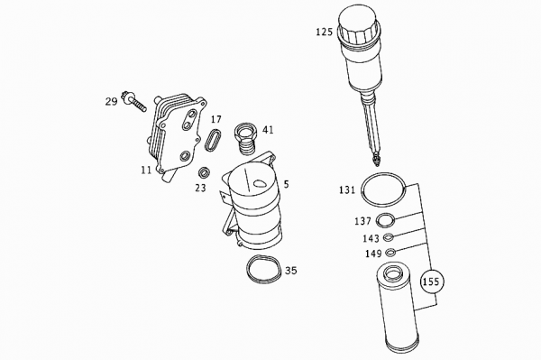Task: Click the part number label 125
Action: coord(324,32)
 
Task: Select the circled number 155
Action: coord(431,282)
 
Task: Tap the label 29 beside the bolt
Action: coord(111,102)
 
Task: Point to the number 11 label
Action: coord(145,169)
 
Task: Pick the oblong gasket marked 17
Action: coord(214,142)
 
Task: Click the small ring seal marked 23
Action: coord(205,172)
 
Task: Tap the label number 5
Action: coord(286,184)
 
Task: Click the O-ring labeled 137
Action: coord(386,221)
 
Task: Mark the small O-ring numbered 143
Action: coord(388,238)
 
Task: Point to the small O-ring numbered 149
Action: coord(390,253)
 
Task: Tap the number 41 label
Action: coord(268,129)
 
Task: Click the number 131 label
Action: coord(347,190)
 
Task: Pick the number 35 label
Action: coord(290,270)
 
